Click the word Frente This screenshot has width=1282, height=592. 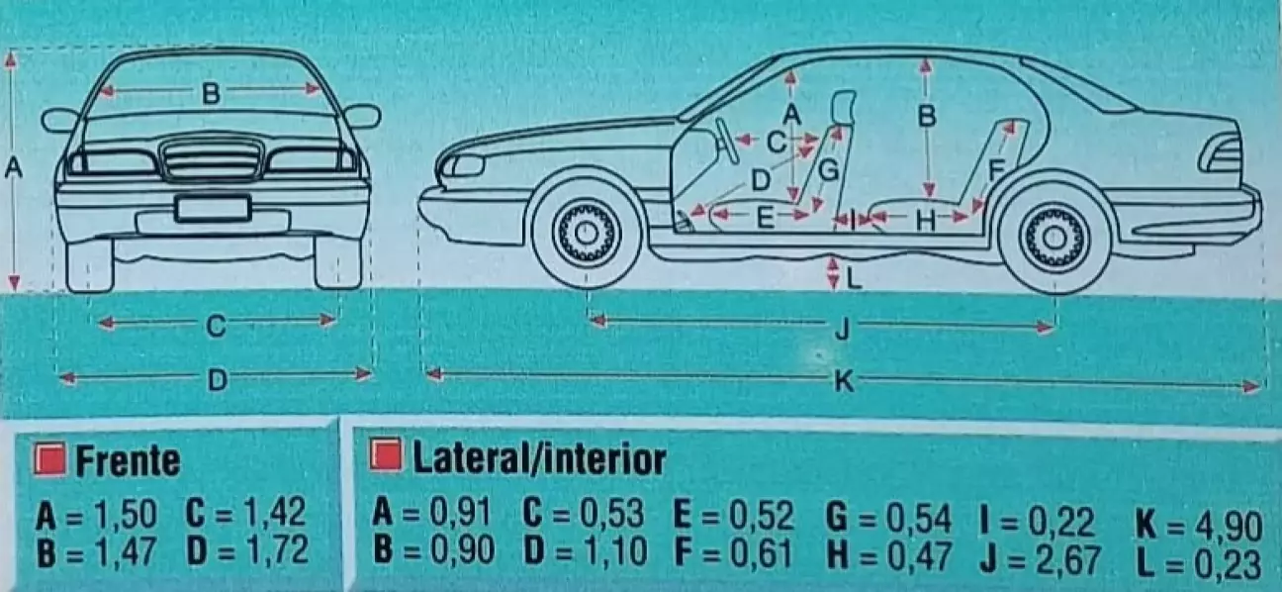(x=128, y=461)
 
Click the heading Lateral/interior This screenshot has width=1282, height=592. (x=539, y=458)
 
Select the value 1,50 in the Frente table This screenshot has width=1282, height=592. (x=126, y=514)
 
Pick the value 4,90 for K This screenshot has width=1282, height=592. (x=1229, y=526)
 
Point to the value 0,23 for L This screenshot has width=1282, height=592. (x=1229, y=564)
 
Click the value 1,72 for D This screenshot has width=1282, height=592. (x=277, y=549)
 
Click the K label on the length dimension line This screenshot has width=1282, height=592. (x=844, y=381)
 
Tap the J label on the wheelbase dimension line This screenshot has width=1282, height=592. (x=842, y=330)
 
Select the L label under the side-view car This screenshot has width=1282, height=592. (x=854, y=279)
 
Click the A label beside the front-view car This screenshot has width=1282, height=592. (x=13, y=168)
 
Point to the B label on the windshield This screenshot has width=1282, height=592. (x=211, y=93)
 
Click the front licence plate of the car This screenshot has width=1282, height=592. (x=213, y=209)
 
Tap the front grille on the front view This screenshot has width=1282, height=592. (x=212, y=158)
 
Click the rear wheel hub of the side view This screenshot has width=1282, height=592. (x=1054, y=237)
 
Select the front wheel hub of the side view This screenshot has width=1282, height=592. (x=586, y=232)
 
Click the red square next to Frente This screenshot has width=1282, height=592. (x=49, y=459)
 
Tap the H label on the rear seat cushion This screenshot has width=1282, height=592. (x=925, y=220)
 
